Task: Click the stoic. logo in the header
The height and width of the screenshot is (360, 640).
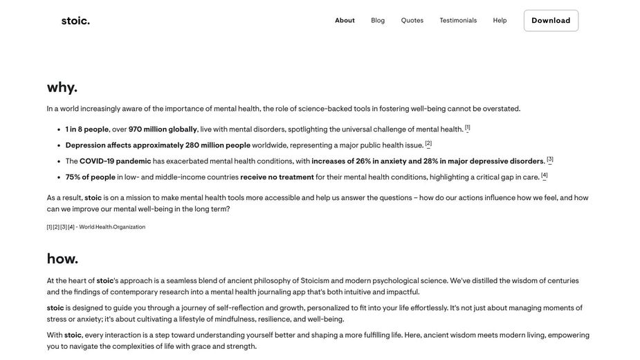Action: click(75, 21)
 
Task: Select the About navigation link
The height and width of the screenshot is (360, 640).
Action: click(345, 21)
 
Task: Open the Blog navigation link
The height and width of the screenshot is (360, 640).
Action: click(378, 21)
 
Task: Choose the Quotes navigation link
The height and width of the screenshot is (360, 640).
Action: click(412, 21)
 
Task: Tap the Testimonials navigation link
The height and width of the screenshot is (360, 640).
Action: click(458, 21)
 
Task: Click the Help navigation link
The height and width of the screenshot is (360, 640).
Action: click(500, 21)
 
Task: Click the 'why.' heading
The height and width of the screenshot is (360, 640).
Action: click(62, 87)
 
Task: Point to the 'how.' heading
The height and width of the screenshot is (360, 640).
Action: click(62, 259)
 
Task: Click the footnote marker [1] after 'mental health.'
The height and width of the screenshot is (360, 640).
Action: click(468, 127)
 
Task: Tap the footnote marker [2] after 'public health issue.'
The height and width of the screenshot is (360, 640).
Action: click(428, 143)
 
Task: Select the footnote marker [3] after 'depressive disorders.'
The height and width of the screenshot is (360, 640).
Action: click(550, 159)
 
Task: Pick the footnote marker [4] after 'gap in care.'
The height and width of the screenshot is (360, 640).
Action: click(545, 175)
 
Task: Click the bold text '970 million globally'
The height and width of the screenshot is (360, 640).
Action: click(163, 129)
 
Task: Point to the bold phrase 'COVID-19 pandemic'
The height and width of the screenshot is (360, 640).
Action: click(115, 161)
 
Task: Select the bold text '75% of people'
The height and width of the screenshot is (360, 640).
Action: click(90, 177)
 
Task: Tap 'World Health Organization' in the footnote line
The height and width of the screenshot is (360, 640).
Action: click(112, 227)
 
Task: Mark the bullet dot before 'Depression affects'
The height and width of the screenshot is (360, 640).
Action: click(58, 145)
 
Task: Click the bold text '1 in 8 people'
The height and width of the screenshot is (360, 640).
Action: click(87, 129)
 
